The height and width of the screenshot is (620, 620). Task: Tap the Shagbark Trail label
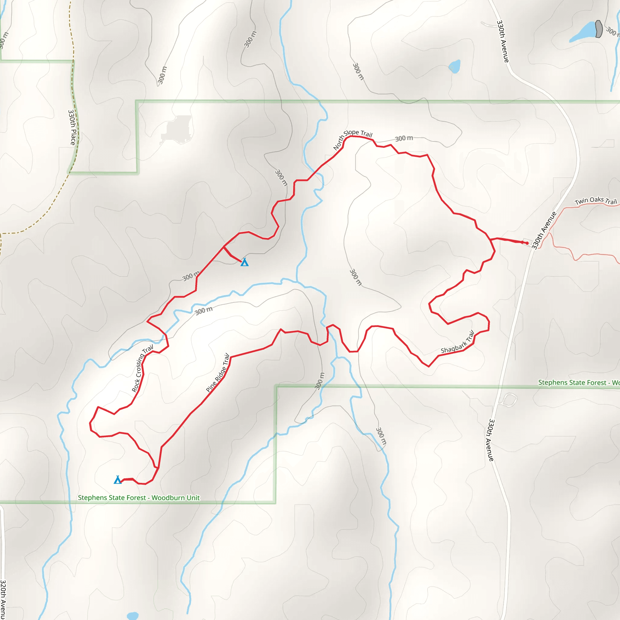click(x=457, y=342)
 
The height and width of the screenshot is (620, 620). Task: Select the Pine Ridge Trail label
click(x=218, y=373)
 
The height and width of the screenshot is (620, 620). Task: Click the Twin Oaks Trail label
click(x=595, y=201)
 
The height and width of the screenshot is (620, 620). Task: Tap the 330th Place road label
click(x=72, y=127)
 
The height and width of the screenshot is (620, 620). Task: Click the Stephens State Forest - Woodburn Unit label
click(x=139, y=498)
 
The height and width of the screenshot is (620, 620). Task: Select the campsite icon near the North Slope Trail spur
click(x=245, y=262)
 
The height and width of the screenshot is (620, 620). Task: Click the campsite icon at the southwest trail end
click(x=118, y=480)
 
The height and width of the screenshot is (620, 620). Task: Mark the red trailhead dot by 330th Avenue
click(x=527, y=243)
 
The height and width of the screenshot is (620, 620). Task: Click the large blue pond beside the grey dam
click(x=582, y=32)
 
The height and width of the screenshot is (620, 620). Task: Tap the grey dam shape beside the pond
click(x=599, y=29)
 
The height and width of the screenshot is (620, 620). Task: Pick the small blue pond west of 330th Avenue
click(x=454, y=66)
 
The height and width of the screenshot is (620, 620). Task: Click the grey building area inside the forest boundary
click(x=177, y=129)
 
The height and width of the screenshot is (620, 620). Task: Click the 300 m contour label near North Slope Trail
click(x=404, y=138)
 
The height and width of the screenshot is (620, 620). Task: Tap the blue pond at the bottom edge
click(x=133, y=616)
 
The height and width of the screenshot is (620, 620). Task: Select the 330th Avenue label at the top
click(x=503, y=41)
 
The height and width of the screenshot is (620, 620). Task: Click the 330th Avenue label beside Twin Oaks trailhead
click(x=544, y=230)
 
